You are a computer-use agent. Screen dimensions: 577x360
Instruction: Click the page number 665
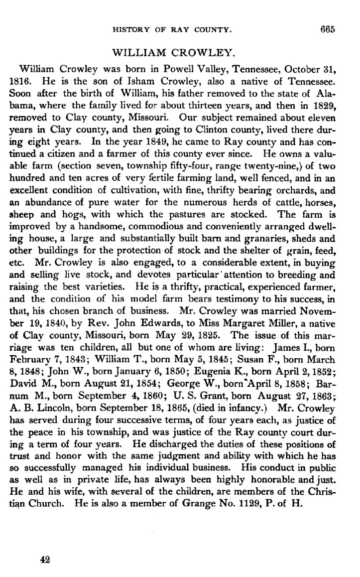(328, 29)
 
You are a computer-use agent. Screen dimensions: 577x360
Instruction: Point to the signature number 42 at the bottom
(45, 560)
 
